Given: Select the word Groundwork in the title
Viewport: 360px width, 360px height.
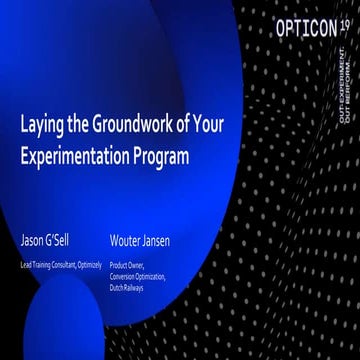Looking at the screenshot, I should coord(129,129).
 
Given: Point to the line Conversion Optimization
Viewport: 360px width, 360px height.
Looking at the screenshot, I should coord(138,276).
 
